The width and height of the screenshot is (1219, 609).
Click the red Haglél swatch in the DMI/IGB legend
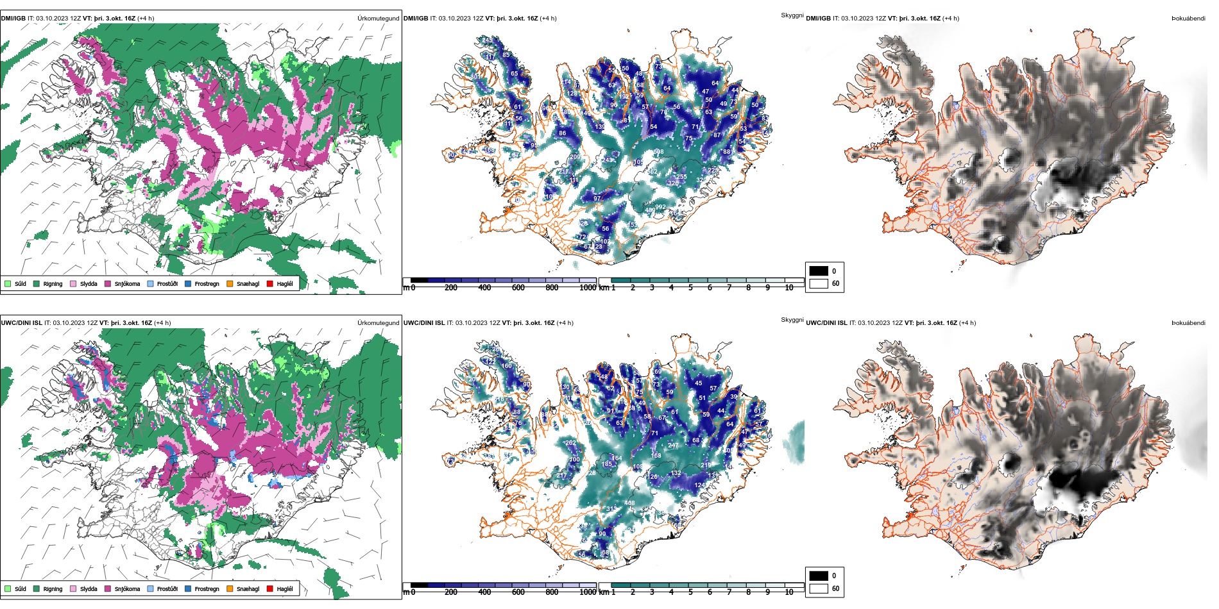pyautogui.click(x=270, y=283)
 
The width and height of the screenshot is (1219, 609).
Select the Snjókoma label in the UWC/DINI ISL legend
pyautogui.click(x=127, y=588)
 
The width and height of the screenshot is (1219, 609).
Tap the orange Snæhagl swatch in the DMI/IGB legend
pyautogui.click(x=229, y=283)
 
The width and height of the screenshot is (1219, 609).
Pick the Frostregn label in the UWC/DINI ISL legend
pyautogui.click(x=207, y=588)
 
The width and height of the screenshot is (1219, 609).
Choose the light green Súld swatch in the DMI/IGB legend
pyautogui.click(x=8, y=283)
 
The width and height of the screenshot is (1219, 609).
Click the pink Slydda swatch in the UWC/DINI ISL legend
pyautogui.click(x=73, y=588)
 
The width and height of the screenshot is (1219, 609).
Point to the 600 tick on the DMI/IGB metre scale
pyautogui.click(x=518, y=288)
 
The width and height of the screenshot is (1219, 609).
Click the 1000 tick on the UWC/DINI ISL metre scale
pyautogui.click(x=588, y=592)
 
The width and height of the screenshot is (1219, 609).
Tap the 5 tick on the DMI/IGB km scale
pyautogui.click(x=690, y=288)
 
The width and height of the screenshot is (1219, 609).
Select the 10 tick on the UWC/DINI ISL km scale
pyautogui.click(x=789, y=592)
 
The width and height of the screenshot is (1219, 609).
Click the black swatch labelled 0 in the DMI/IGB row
pyautogui.click(x=819, y=271)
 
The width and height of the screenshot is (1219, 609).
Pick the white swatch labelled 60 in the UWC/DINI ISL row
pyautogui.click(x=819, y=588)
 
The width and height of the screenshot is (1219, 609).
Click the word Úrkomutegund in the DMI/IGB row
pyautogui.click(x=378, y=19)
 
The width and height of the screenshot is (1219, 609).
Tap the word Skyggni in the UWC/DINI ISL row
pyautogui.click(x=792, y=319)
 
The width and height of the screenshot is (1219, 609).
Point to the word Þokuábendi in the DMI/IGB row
pyautogui.click(x=1188, y=19)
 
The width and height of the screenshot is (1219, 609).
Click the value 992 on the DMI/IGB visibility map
pyautogui.click(x=660, y=207)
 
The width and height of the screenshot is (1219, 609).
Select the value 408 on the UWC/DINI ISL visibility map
pyautogui.click(x=629, y=503)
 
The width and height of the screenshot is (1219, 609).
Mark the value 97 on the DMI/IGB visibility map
pyautogui.click(x=597, y=199)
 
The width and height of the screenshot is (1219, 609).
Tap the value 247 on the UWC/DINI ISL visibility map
pyautogui.click(x=673, y=445)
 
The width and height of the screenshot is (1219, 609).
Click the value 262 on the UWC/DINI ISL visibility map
pyautogui.click(x=570, y=443)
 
